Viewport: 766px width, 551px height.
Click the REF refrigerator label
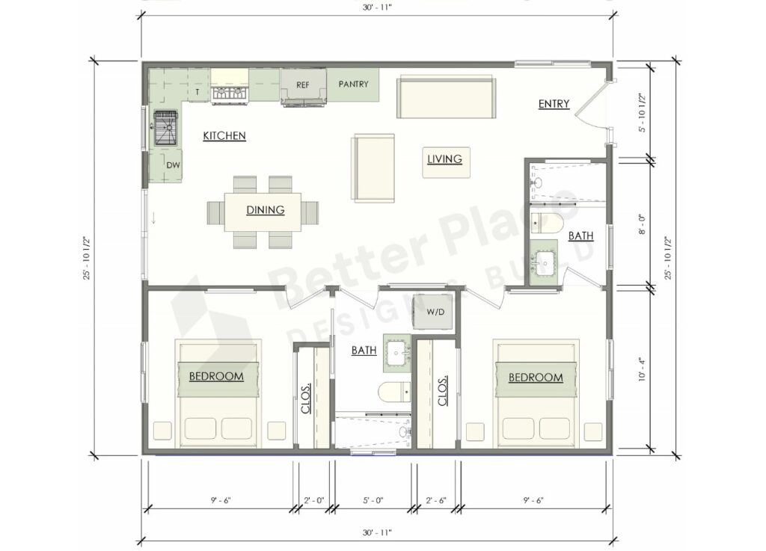pyautogui.click(x=303, y=84)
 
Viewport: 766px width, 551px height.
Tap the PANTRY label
pyautogui.click(x=353, y=84)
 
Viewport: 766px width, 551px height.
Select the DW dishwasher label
pyautogui.click(x=172, y=165)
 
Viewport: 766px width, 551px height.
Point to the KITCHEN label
pyautogui.click(x=224, y=136)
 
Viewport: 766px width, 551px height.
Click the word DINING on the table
pyautogui.click(x=266, y=210)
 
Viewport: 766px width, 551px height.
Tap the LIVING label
pyautogui.click(x=444, y=158)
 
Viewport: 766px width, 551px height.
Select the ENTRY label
pyautogui.click(x=554, y=104)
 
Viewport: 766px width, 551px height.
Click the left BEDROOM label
pyautogui.click(x=216, y=376)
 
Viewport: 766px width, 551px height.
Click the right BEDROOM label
pyautogui.click(x=536, y=378)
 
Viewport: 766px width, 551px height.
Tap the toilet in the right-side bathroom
pyautogui.click(x=547, y=223)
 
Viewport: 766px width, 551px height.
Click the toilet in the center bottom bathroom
pyautogui.click(x=394, y=390)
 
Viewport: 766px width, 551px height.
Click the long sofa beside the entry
pyautogui.click(x=447, y=96)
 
